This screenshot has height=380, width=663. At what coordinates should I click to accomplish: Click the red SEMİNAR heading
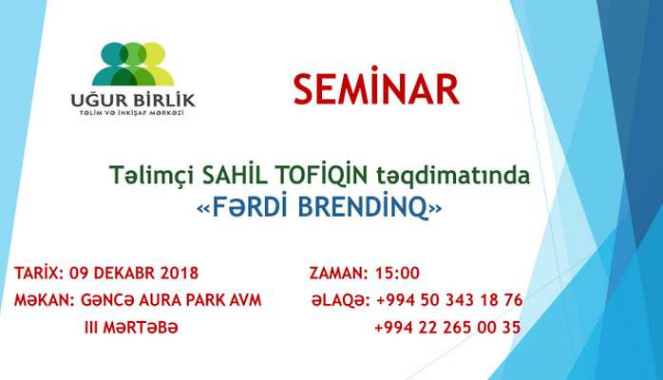(375, 89)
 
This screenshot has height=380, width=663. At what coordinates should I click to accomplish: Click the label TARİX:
(38, 274)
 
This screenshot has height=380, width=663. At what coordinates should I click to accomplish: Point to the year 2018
(176, 274)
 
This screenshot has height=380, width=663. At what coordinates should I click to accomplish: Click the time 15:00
(397, 274)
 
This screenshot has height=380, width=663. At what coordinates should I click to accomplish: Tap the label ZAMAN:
(338, 274)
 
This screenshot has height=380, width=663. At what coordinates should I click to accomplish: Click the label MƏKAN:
(43, 300)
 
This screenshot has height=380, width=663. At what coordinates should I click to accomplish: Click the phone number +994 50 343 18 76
(448, 300)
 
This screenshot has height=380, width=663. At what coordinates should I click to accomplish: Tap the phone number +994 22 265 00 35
(447, 328)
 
